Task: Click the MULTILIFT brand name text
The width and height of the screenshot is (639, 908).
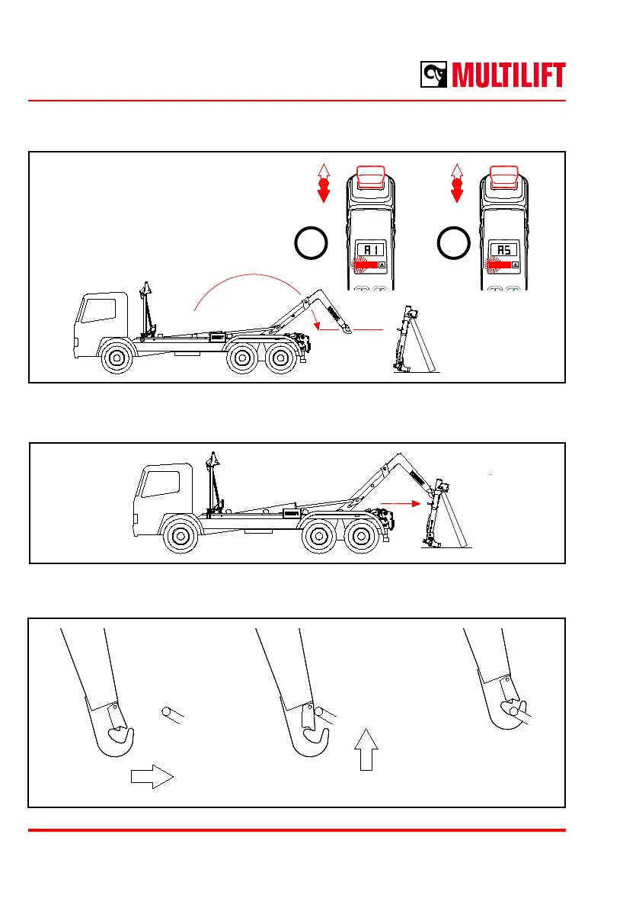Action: (509, 75)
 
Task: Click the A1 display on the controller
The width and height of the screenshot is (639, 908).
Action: (372, 249)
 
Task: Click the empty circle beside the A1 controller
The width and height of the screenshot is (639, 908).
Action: (311, 242)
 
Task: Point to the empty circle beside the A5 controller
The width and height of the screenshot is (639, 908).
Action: (454, 242)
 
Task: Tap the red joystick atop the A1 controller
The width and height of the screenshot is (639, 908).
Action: (371, 177)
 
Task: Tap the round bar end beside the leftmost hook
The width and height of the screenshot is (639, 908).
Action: (168, 713)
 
